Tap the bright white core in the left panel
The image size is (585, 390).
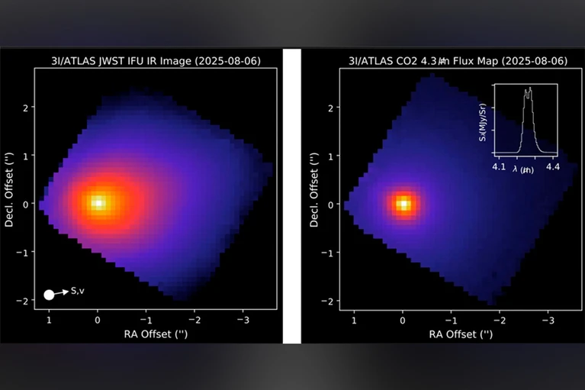pyautogui.click(x=98, y=202)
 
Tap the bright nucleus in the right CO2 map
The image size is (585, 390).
pyautogui.click(x=403, y=204)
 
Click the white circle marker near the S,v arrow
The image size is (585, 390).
pyautogui.click(x=50, y=295)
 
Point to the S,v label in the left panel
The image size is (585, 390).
pyautogui.click(x=78, y=290)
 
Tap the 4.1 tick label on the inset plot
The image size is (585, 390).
pyautogui.click(x=499, y=165)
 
